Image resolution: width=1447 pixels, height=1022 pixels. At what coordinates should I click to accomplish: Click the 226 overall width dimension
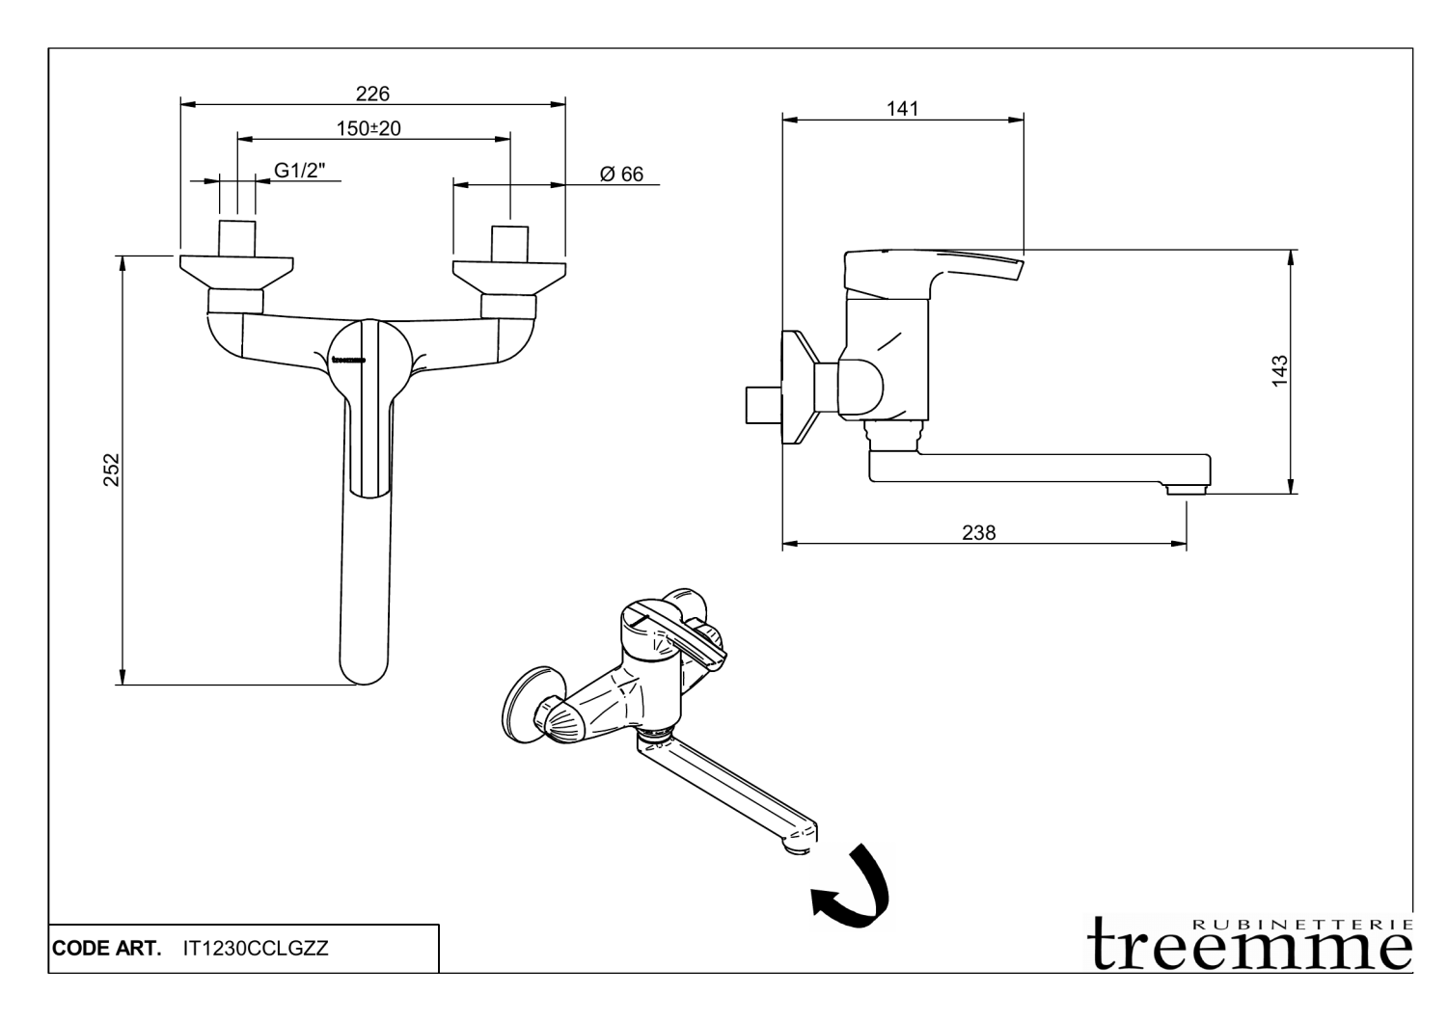(x=372, y=94)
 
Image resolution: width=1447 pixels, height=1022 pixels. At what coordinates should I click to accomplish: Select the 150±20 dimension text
(x=369, y=128)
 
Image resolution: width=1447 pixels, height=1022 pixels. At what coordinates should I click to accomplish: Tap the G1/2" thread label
(x=300, y=171)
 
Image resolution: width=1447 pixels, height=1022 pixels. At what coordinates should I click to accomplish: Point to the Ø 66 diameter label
(x=621, y=175)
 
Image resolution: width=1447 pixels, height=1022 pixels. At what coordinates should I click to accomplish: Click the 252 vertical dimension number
(x=112, y=470)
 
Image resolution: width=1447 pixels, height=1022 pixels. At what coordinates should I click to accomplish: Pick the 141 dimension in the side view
(x=902, y=109)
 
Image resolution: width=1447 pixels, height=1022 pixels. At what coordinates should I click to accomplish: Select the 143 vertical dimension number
(x=1280, y=371)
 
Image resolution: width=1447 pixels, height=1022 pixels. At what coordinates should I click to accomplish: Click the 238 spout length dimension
(x=978, y=532)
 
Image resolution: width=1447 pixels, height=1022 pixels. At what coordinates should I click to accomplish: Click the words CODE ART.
(x=106, y=949)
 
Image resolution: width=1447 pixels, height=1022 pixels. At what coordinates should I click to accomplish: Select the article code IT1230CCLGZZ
(x=256, y=949)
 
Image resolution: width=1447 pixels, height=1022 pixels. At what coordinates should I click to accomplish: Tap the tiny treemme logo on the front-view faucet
(x=348, y=362)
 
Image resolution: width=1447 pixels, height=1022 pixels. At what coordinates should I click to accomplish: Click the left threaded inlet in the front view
(x=237, y=238)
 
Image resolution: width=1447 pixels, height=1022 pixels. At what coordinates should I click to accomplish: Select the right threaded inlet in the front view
(x=509, y=242)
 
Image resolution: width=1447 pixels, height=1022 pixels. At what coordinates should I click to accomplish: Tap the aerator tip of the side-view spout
(x=1186, y=491)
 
